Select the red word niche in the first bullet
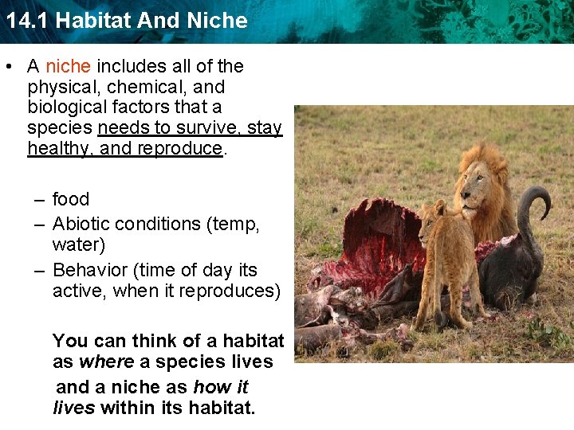point(68,66)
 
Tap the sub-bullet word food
point(71,199)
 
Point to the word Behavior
point(89,270)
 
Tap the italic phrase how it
point(221,388)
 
